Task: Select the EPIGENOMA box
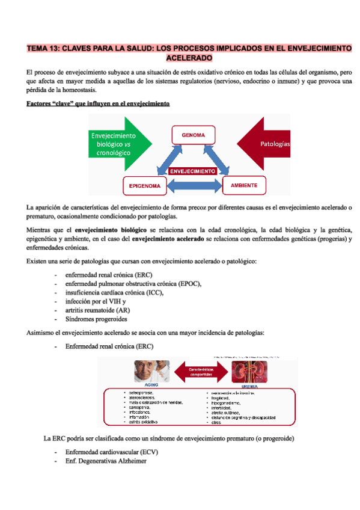145,186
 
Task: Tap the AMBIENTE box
244,185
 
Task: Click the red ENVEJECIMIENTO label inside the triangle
192,171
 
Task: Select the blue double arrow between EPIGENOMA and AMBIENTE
194,186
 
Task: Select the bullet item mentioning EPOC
133,283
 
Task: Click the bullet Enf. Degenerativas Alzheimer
105,461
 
